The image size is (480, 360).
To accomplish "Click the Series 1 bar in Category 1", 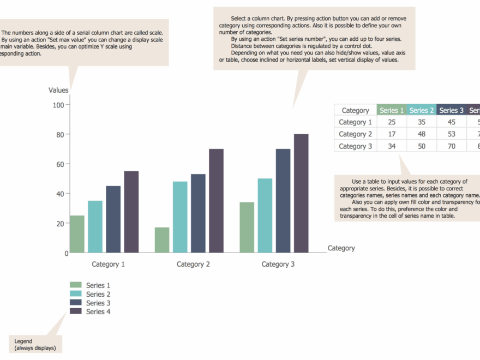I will (77, 235).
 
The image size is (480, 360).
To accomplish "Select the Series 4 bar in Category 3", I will (301, 194).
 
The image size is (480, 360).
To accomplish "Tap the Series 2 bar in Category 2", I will (180, 217).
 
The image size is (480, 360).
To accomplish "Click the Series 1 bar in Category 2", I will (162, 240).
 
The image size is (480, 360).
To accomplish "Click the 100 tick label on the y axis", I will (59, 105).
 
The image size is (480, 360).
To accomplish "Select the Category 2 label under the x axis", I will (193, 265).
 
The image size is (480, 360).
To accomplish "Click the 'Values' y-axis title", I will (58, 91).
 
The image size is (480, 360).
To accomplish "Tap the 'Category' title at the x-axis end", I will (341, 248).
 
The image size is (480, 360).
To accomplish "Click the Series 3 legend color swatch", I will (76, 303).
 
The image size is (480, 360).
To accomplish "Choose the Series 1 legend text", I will (98, 285).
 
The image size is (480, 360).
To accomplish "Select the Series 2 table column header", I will (421, 110).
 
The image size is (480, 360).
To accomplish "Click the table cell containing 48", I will (421, 134).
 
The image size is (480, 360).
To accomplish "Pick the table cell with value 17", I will (392, 134).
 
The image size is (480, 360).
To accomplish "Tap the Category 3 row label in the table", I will (355, 146).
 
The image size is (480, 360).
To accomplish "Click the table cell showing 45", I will (451, 122).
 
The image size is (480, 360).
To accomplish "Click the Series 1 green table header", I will (392, 110).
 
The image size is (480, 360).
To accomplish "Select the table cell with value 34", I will (392, 146).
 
